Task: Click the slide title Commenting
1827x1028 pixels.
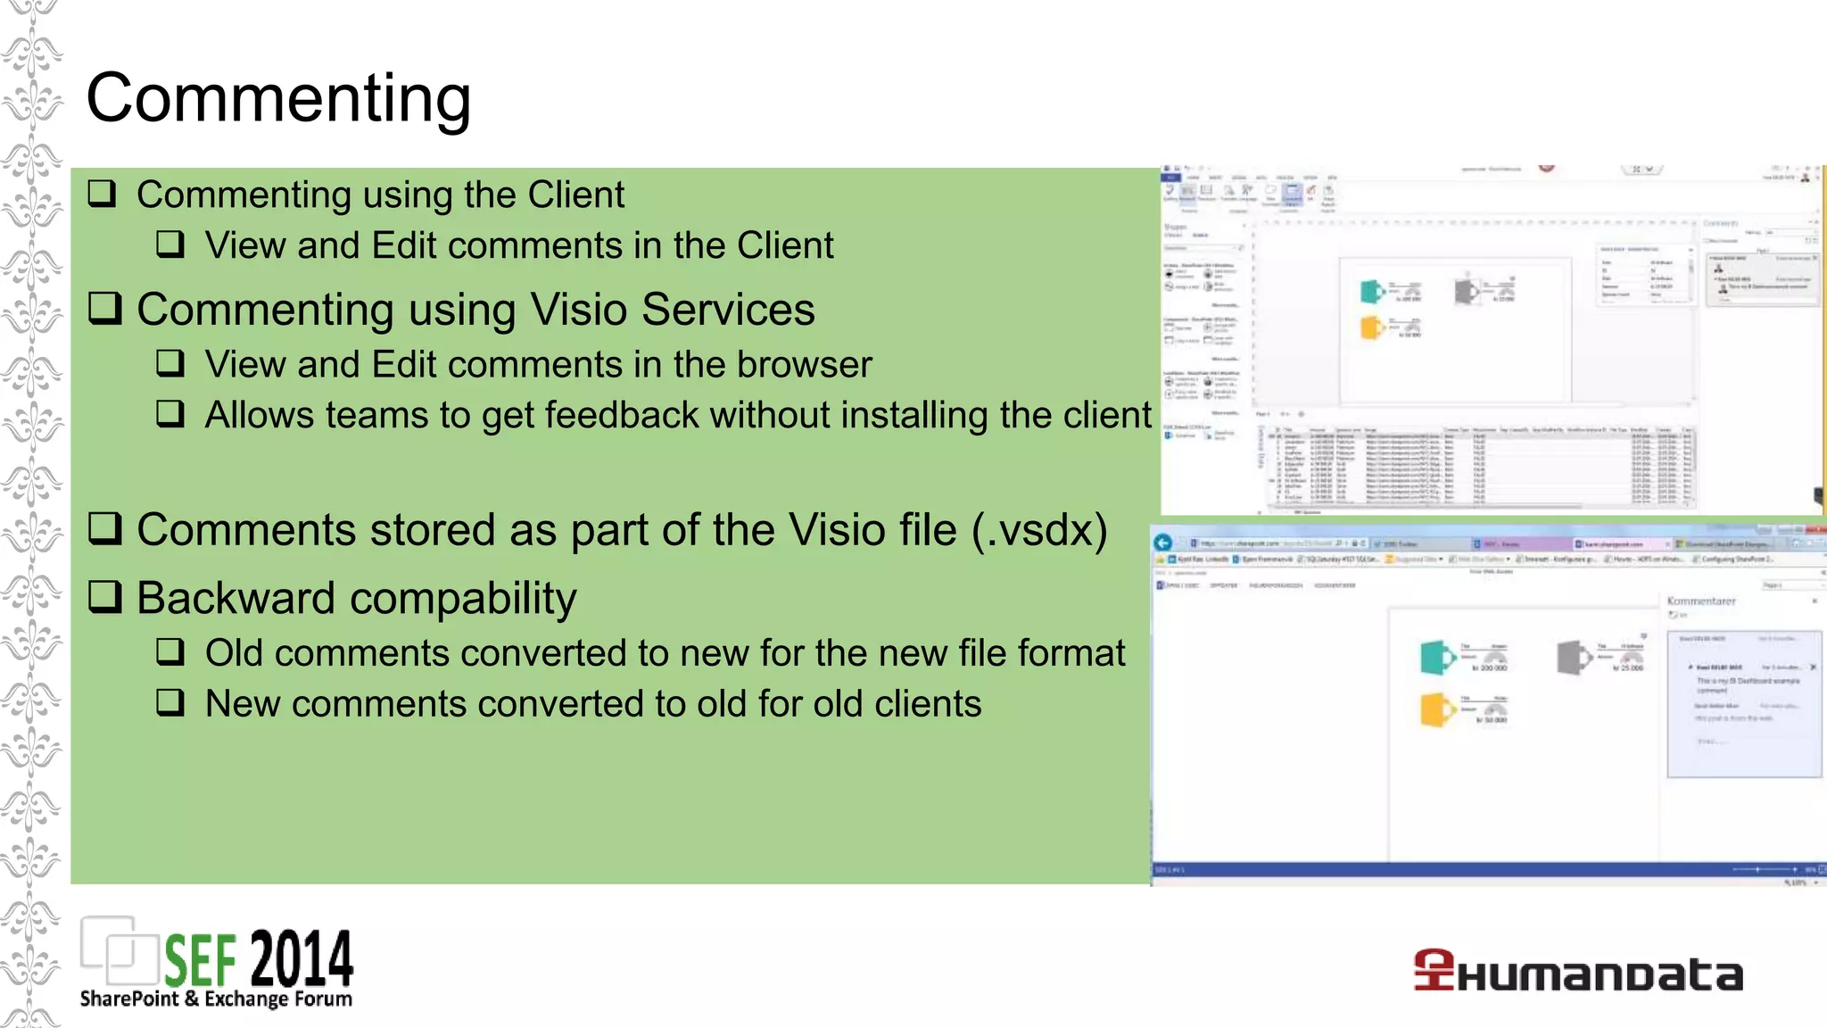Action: (x=278, y=98)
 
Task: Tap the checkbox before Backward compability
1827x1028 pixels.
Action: (x=105, y=596)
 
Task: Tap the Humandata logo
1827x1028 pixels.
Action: (x=1577, y=973)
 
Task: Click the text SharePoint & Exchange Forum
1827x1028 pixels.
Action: (x=216, y=999)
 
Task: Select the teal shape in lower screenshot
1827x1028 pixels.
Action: (x=1436, y=658)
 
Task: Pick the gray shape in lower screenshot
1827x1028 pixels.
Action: (x=1574, y=658)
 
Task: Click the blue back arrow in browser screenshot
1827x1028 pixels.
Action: (x=1163, y=543)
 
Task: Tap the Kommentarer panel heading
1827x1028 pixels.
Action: (x=1700, y=601)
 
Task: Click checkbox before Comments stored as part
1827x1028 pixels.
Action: (x=105, y=528)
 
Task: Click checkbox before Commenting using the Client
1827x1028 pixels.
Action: (x=103, y=194)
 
